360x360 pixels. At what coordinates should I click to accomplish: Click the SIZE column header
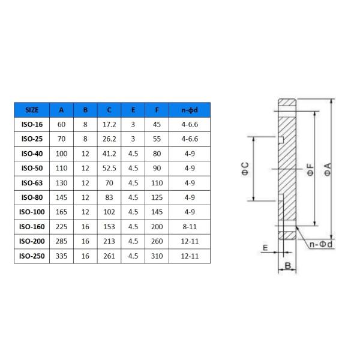click(x=32, y=110)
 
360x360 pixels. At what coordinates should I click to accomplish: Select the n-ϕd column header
click(x=190, y=110)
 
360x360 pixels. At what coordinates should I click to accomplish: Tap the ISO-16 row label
click(x=32, y=125)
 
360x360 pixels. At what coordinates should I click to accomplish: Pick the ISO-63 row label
click(x=32, y=183)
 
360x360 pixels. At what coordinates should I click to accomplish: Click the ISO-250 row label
click(x=32, y=256)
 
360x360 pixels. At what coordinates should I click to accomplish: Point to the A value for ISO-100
click(x=62, y=212)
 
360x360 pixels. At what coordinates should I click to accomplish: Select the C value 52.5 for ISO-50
click(x=109, y=169)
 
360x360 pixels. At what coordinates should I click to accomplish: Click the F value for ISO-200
click(x=157, y=241)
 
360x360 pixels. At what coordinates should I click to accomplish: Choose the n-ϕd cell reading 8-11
click(x=190, y=227)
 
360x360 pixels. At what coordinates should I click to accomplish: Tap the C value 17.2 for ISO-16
click(x=109, y=125)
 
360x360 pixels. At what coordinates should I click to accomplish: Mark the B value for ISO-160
click(x=85, y=227)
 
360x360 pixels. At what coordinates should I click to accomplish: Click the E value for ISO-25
click(x=133, y=139)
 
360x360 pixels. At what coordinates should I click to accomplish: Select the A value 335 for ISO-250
click(x=62, y=256)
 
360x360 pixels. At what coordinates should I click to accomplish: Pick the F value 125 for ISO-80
click(x=157, y=197)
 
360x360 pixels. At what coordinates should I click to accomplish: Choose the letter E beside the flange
click(x=265, y=248)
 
